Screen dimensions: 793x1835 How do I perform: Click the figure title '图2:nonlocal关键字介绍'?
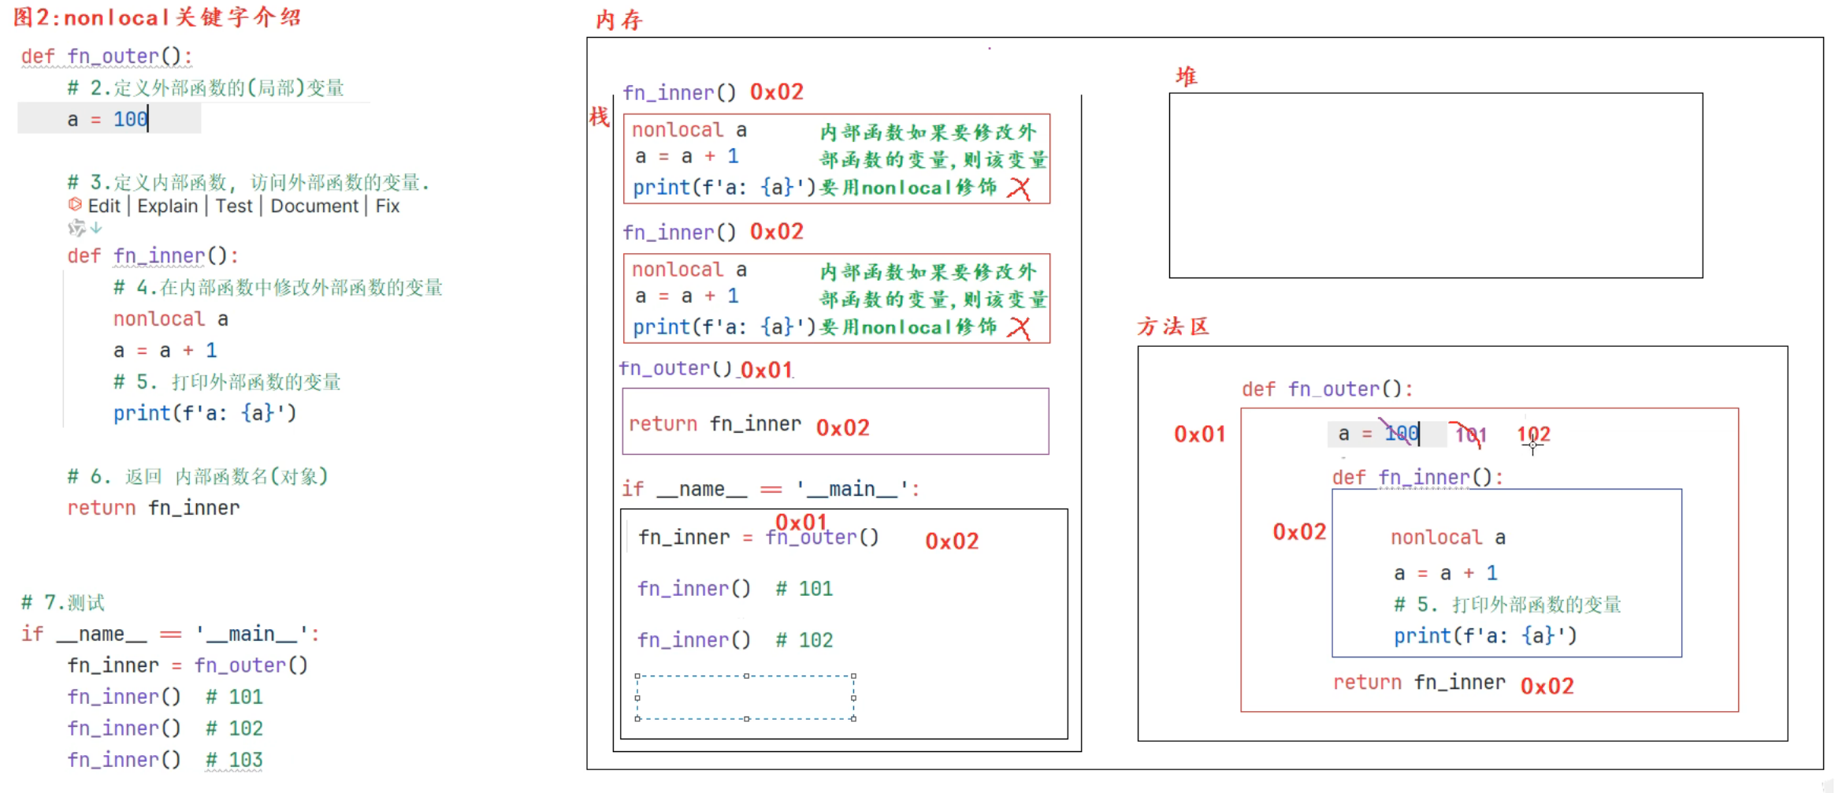(158, 17)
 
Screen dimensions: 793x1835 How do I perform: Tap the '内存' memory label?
(618, 20)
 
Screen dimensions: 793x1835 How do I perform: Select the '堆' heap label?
(1186, 76)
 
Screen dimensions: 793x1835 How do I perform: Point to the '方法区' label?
(1172, 326)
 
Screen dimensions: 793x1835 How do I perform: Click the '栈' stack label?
(599, 117)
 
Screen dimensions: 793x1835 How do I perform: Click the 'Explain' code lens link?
(167, 207)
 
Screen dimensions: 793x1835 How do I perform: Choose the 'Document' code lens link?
(314, 207)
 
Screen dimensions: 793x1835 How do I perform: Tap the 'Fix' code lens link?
(387, 207)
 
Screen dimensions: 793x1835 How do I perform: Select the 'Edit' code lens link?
(103, 207)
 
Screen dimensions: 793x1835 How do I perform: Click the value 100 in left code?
(130, 120)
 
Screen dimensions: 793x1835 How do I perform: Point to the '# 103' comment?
(234, 760)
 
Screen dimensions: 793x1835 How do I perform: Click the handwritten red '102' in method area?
(1533, 434)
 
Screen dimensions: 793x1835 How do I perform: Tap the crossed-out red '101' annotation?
(1470, 434)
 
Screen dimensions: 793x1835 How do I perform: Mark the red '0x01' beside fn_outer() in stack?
(766, 370)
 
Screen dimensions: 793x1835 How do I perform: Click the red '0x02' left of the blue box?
(1299, 532)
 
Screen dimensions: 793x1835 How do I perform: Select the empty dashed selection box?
(745, 698)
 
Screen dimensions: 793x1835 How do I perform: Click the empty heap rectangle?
(1435, 185)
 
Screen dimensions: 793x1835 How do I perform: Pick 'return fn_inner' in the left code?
(153, 508)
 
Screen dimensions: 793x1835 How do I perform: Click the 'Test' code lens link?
(234, 207)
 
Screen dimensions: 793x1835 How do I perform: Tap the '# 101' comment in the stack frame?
(804, 589)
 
